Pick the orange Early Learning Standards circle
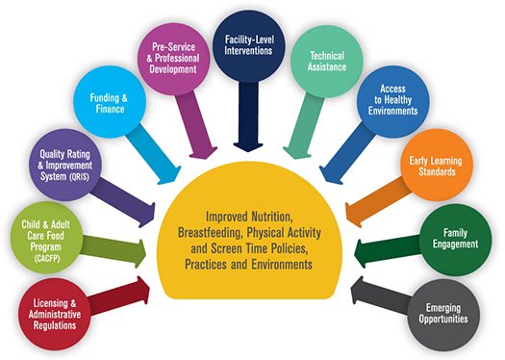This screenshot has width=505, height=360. tap(437, 167)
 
